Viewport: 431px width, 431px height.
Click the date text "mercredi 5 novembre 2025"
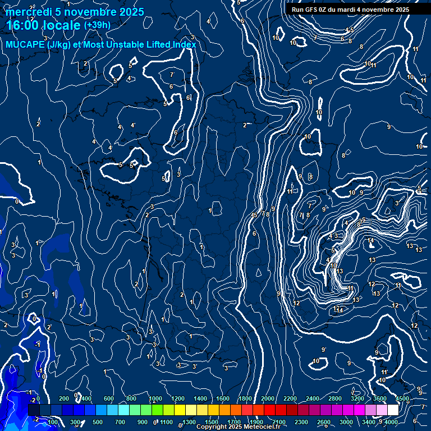pos(76,12)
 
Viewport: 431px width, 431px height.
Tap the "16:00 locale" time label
pos(44,25)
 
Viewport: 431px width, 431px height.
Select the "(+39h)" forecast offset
pos(97,25)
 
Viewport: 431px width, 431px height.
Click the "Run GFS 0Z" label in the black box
pos(312,10)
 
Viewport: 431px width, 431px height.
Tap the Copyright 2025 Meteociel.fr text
pos(241,427)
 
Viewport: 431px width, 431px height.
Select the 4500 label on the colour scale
pos(402,398)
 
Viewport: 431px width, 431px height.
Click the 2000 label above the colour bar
pos(267,398)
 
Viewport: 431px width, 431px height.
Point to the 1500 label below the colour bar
pos(211,422)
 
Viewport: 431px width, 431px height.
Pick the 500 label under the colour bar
pos(97,422)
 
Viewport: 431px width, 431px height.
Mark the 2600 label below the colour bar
pos(324,422)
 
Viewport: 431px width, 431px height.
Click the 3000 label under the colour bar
pos(346,422)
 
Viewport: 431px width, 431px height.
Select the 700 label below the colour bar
pos(120,422)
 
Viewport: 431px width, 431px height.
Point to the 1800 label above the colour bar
pos(245,398)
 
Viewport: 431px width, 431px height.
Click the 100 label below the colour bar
pos(53,422)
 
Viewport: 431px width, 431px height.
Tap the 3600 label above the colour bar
pos(379,398)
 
